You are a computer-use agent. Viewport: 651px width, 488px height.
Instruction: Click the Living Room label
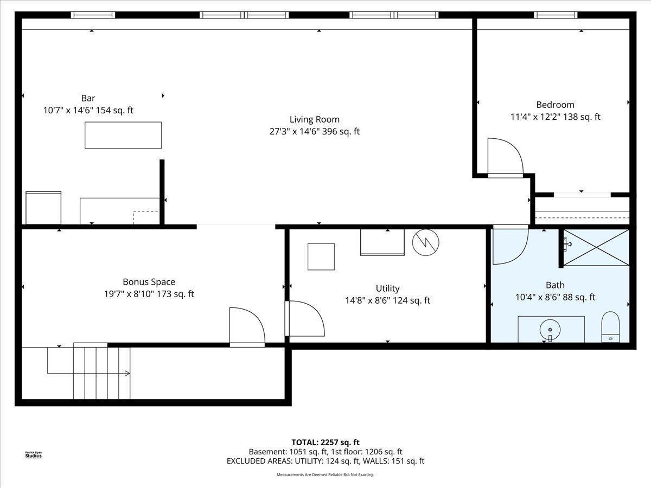tap(314, 119)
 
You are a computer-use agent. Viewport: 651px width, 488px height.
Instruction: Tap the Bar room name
tap(88, 98)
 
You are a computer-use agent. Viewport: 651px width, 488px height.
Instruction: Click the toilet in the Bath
tap(610, 328)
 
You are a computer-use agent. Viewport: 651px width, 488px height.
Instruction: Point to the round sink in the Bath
tap(550, 329)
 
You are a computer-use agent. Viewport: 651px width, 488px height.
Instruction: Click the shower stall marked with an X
tap(596, 247)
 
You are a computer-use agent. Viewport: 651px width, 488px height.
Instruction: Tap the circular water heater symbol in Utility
tap(425, 242)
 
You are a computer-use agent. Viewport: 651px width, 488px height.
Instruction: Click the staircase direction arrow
tap(127, 373)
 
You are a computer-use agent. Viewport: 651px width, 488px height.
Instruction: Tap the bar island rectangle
tap(123, 135)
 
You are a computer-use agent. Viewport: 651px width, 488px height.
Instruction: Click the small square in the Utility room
tap(321, 256)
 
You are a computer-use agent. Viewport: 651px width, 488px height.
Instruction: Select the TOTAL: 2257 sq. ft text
tap(325, 442)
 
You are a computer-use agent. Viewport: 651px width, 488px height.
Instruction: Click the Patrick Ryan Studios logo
tap(33, 454)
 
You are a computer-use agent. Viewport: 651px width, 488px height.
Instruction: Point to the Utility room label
tap(387, 288)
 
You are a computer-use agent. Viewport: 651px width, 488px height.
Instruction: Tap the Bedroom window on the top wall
tap(555, 15)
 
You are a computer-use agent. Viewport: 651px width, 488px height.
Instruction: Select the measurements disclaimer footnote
tap(325, 474)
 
